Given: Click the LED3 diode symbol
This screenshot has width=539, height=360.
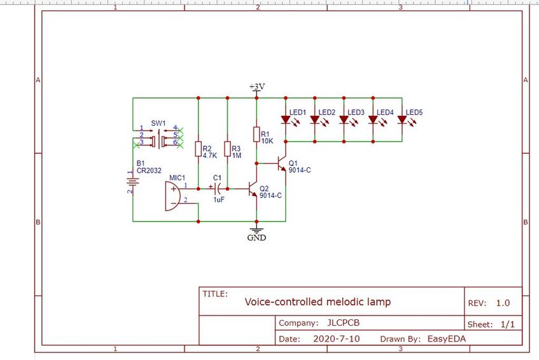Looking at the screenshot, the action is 344,120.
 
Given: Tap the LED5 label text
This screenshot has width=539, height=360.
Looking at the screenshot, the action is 414,113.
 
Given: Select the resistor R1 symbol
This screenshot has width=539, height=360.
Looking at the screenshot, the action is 256,134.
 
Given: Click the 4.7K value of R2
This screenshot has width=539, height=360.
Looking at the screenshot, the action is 210,155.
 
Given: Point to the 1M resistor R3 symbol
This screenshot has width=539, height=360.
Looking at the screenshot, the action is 227,149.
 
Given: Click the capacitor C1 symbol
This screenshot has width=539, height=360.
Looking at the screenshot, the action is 217,188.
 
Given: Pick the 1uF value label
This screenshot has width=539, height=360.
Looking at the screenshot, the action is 219,200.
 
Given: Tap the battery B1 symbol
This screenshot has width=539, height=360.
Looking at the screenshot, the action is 133,182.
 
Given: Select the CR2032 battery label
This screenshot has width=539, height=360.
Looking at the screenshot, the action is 149,170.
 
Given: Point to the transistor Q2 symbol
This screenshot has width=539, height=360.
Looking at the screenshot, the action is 252,189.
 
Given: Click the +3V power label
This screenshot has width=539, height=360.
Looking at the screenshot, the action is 257,87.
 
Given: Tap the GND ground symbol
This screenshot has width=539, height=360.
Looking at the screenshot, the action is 256,230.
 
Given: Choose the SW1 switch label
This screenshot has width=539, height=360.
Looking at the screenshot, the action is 158,123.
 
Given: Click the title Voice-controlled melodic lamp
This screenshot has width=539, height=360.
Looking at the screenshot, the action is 318,302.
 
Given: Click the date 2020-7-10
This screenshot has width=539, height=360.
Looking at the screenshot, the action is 337,339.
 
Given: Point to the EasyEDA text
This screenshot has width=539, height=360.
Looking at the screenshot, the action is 447,339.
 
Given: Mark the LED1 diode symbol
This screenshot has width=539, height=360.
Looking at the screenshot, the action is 286,120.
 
